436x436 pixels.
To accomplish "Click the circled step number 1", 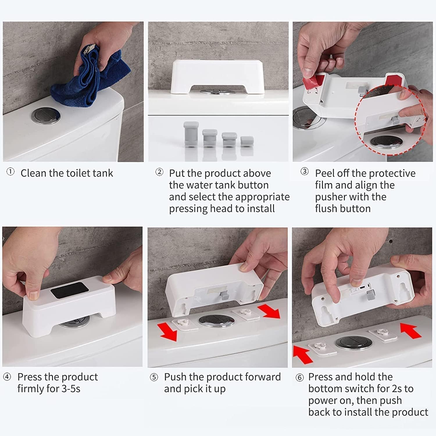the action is [x=10, y=172].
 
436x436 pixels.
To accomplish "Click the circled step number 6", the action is [x=299, y=377].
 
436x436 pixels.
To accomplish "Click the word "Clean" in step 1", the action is [x=34, y=173].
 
